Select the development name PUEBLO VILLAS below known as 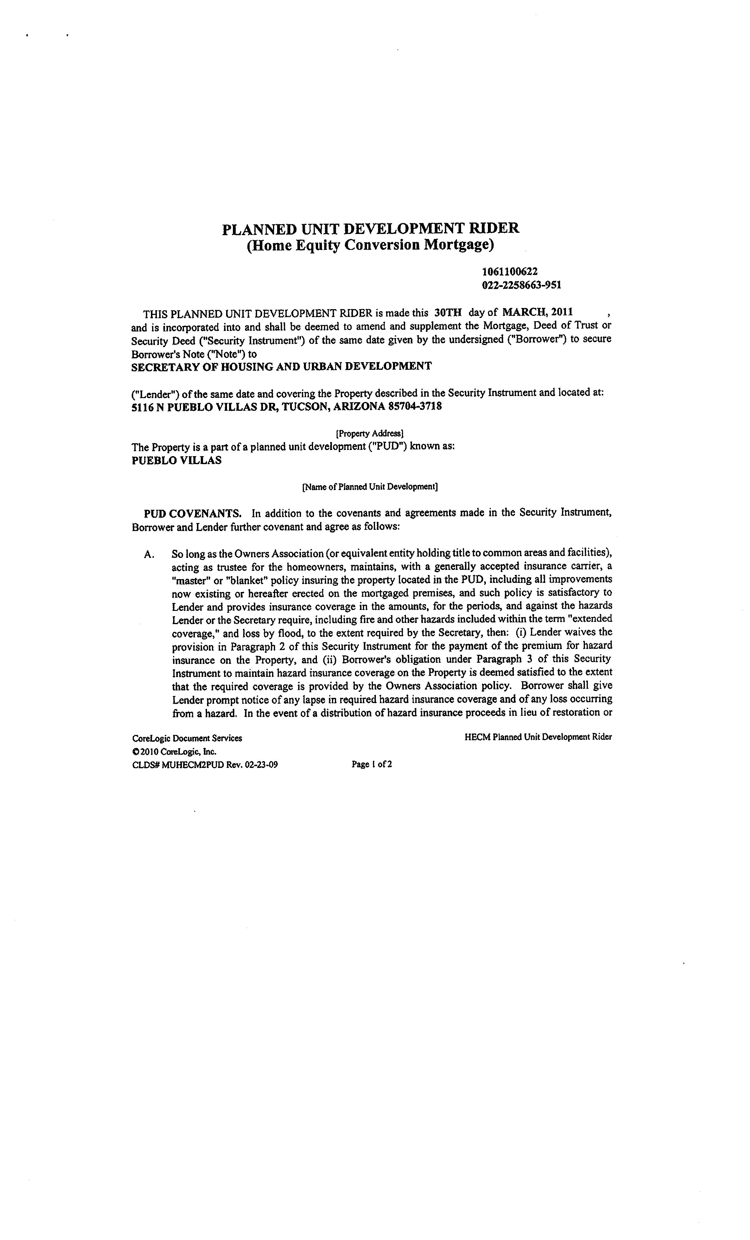click(x=176, y=461)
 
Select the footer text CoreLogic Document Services click(x=187, y=738)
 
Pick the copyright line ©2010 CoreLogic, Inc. click(x=174, y=751)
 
